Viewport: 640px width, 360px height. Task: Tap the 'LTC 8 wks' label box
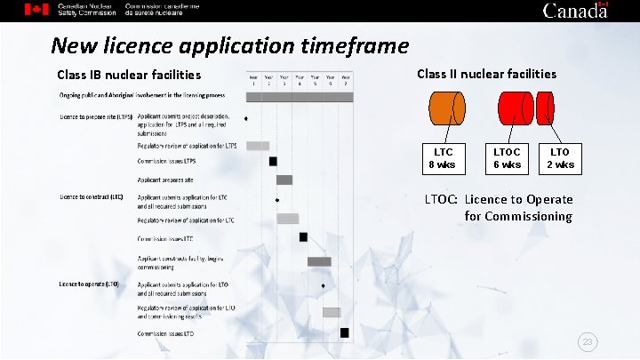442,158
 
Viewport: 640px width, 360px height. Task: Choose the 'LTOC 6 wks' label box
507,158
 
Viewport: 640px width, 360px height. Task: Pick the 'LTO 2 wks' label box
560,158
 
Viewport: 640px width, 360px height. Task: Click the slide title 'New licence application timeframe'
229,45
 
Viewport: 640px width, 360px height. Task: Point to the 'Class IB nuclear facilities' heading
129,75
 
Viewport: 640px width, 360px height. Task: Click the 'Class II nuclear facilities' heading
486,74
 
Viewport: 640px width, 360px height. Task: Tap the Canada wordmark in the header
575,11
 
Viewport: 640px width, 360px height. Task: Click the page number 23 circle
587,341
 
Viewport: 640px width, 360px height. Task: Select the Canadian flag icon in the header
36,10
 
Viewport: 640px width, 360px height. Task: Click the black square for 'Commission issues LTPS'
273,162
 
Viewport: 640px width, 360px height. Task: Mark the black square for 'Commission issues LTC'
303,237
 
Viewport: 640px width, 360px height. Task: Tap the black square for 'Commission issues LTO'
345,332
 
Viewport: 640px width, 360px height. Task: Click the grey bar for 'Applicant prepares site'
284,180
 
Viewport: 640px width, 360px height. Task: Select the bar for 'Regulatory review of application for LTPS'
258,145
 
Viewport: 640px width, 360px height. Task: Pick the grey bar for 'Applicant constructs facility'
319,261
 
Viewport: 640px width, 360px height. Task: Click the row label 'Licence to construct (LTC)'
92,196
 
